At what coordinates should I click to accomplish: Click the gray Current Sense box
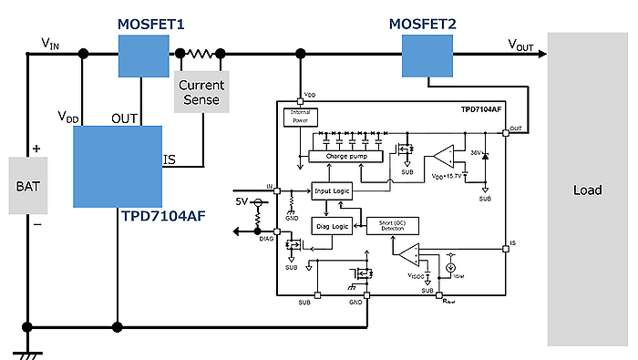click(201, 91)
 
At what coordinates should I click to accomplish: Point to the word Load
click(587, 190)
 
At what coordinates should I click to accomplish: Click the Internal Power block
click(300, 116)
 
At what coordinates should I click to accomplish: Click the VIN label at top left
click(52, 42)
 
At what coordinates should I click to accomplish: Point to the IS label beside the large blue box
click(169, 160)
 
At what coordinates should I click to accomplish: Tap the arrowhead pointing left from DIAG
click(239, 231)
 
